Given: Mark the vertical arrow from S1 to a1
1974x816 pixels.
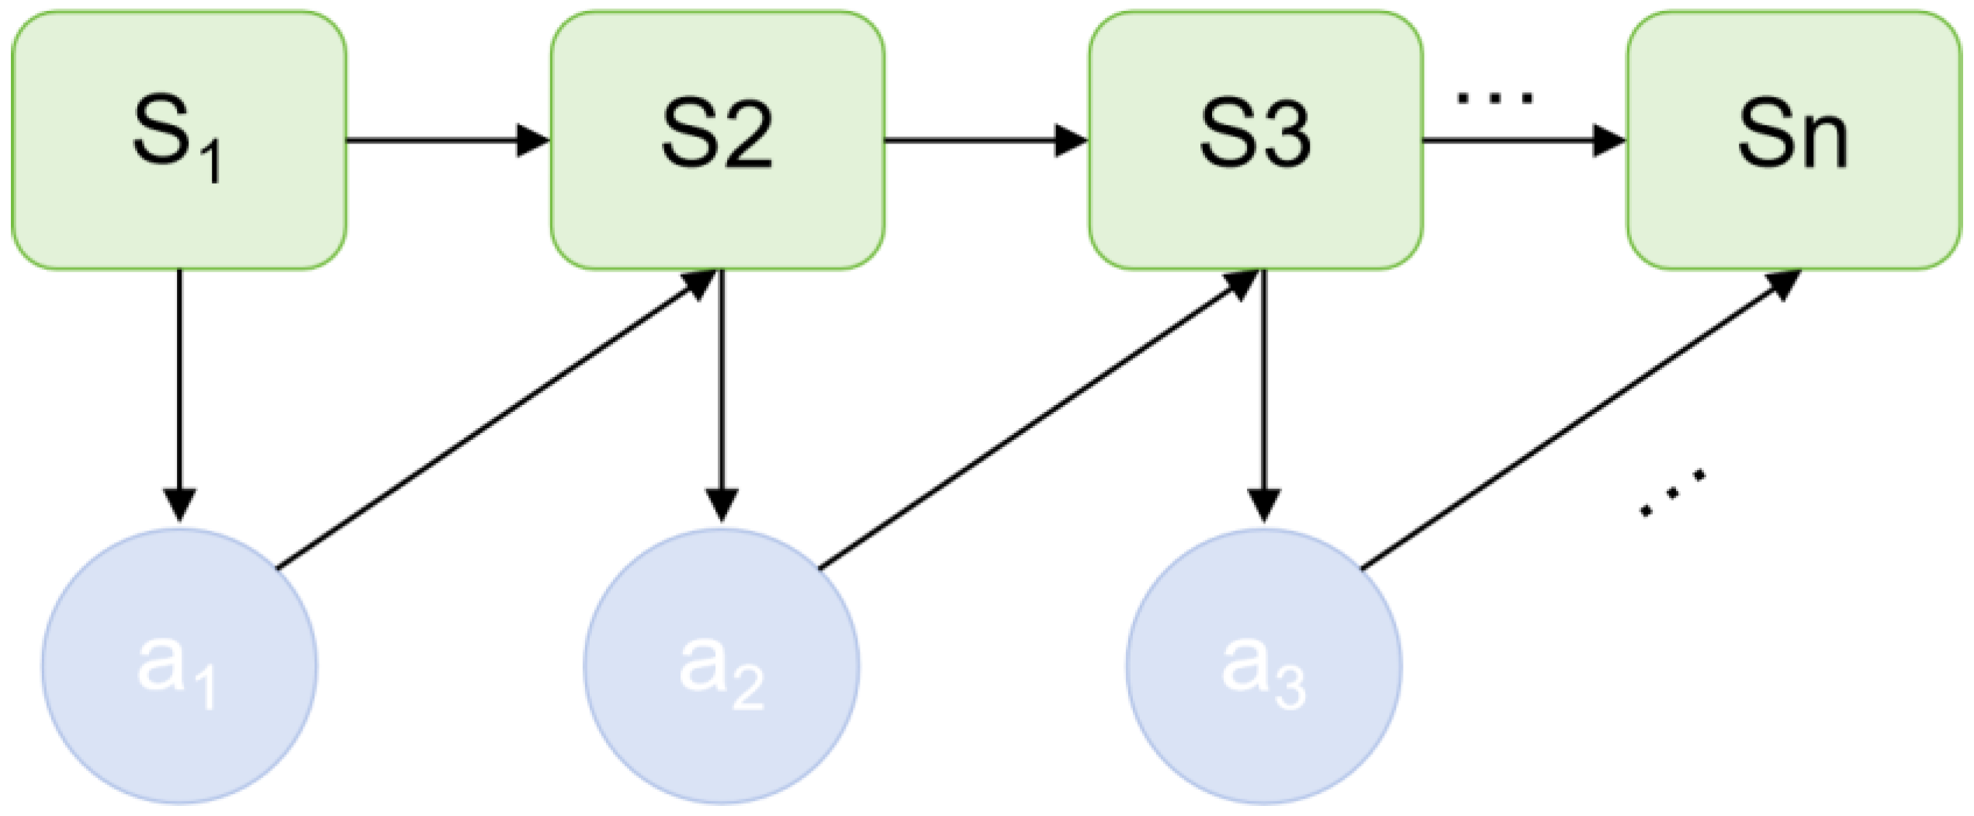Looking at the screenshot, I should coord(179,388).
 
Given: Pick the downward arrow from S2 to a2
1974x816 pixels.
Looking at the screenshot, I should coord(722,388).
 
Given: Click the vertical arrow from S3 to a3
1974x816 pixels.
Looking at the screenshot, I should coord(1264,388).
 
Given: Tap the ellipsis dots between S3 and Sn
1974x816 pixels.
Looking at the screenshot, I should coord(1494,98).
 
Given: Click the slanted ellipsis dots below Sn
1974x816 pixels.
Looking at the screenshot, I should coord(1672,493).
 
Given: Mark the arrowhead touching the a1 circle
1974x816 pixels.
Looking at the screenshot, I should coord(179,504).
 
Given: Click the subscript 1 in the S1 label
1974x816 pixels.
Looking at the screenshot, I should coord(213,164).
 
